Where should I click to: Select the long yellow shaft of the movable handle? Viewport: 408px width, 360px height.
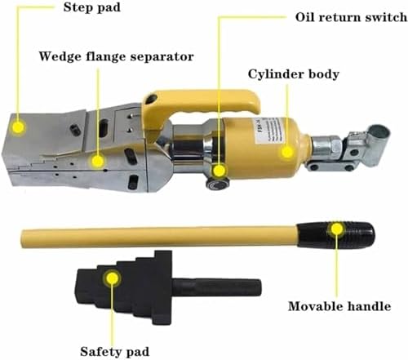point(163,237)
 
